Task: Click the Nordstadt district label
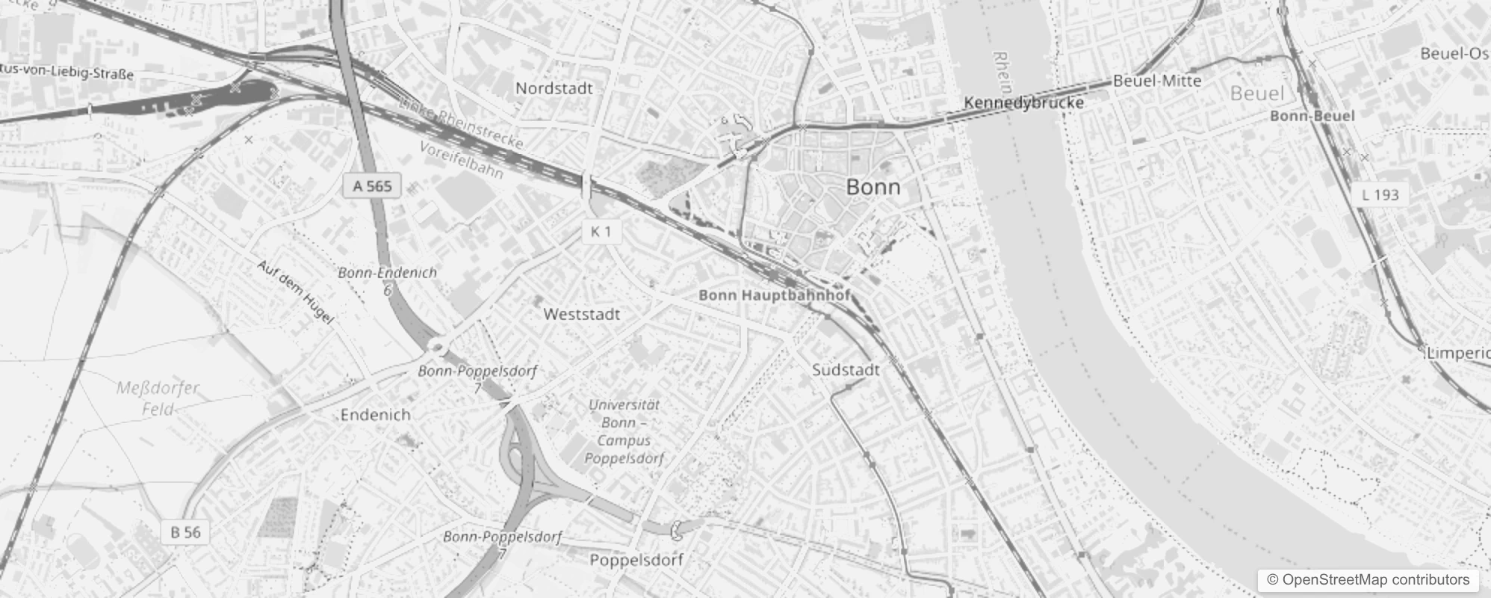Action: [x=554, y=88]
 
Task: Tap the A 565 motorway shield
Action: [x=372, y=185]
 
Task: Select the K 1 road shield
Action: [x=601, y=232]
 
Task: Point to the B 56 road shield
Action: [x=185, y=532]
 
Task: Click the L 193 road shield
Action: [x=1380, y=195]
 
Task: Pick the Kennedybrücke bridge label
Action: [x=1023, y=102]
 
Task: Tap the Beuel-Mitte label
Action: [x=1157, y=81]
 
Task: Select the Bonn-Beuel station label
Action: [x=1312, y=116]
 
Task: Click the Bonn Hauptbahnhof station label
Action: [x=774, y=295]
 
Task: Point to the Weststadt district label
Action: [x=582, y=314]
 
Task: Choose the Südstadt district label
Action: [x=846, y=370]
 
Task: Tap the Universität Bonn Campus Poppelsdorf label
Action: [x=624, y=431]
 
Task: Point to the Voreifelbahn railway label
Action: [x=461, y=159]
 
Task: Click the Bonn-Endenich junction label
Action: [x=387, y=273]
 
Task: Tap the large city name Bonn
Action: [x=872, y=187]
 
